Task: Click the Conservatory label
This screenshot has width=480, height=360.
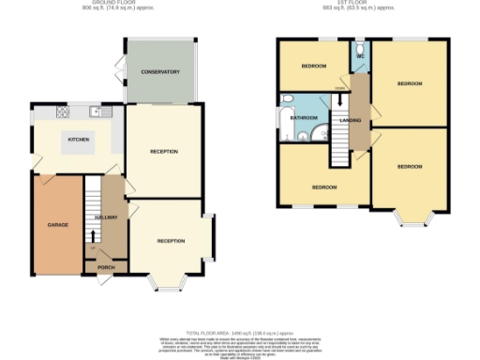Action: pyautogui.click(x=160, y=72)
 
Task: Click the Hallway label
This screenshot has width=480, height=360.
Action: pyautogui.click(x=106, y=217)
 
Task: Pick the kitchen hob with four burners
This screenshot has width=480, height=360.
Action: pyautogui.click(x=63, y=113)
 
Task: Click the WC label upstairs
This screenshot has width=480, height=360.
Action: pyautogui.click(x=361, y=56)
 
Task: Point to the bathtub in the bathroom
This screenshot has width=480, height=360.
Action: pyautogui.click(x=284, y=119)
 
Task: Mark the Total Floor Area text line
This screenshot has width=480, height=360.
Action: pyautogui.click(x=240, y=333)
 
